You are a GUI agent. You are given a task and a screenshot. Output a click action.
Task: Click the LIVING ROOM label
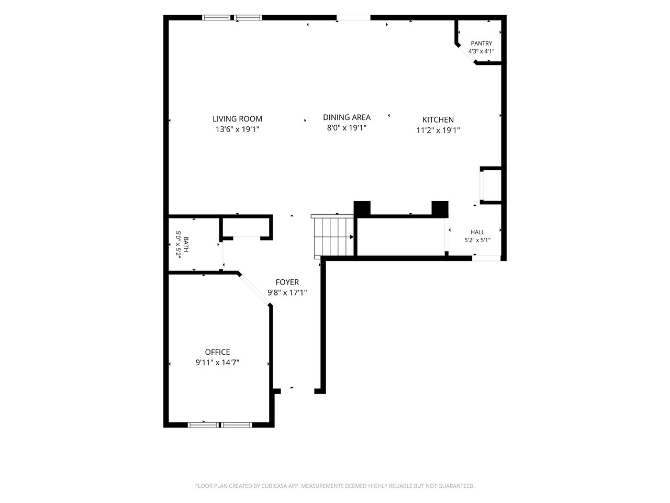pyautogui.click(x=237, y=119)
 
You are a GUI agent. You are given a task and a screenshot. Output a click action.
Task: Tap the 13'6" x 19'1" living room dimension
pyautogui.click(x=237, y=129)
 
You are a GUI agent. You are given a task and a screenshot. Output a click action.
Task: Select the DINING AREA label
pyautogui.click(x=347, y=117)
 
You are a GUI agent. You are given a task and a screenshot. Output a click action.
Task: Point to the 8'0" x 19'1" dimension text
pyautogui.click(x=347, y=128)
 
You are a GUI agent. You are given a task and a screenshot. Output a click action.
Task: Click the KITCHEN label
pyautogui.click(x=438, y=119)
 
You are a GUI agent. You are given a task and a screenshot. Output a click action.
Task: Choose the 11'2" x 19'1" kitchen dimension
pyautogui.click(x=438, y=130)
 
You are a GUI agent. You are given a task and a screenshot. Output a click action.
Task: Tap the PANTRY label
pyautogui.click(x=481, y=43)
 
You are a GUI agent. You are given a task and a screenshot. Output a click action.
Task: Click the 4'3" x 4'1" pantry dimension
pyautogui.click(x=481, y=51)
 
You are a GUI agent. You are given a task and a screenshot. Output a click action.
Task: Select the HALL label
pyautogui.click(x=477, y=232)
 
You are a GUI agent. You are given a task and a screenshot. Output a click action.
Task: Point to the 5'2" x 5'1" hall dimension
pyautogui.click(x=477, y=240)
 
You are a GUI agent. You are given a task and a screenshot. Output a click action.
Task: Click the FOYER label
pyautogui.click(x=287, y=282)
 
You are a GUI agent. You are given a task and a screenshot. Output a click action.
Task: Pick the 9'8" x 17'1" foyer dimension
pyautogui.click(x=287, y=292)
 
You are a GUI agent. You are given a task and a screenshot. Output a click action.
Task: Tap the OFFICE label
pyautogui.click(x=217, y=352)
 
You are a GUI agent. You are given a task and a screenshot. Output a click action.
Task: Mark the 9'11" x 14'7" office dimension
pyautogui.click(x=217, y=363)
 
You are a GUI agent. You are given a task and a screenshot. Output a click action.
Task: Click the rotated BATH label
pyautogui.click(x=186, y=244)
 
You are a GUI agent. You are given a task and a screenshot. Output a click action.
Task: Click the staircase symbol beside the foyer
pyautogui.click(x=332, y=236)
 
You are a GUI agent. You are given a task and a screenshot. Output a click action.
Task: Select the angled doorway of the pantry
pyautogui.click(x=466, y=54)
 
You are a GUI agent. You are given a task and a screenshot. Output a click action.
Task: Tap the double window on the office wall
pyautogui.click(x=220, y=425)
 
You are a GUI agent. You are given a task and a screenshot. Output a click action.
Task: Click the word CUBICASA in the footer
pyautogui.click(x=274, y=486)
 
